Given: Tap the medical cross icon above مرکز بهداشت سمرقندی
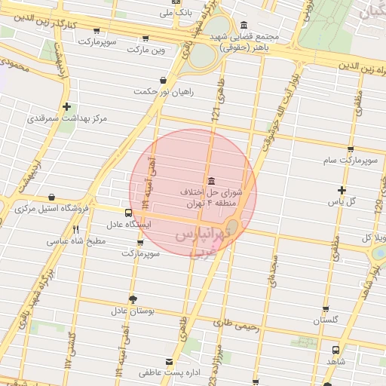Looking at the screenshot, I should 68,106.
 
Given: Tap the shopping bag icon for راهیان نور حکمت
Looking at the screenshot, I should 163,80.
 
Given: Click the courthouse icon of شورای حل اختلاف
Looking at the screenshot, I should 209,181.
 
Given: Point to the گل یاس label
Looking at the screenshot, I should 342,202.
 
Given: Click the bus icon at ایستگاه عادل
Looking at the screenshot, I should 128,213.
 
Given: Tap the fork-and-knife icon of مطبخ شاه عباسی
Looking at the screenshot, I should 75,229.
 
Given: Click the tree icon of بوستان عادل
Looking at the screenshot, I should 133,299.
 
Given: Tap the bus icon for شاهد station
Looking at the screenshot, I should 335,350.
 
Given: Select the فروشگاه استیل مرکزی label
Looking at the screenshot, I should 53,208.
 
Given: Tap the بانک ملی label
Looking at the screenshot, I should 178,13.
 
